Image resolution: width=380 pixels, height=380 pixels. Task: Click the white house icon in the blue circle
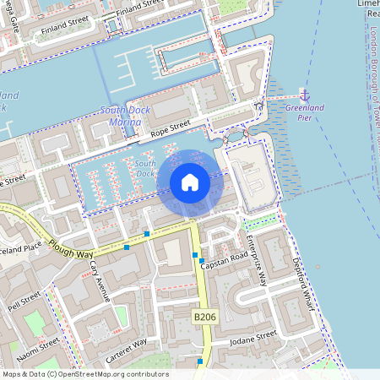click(x=190, y=182)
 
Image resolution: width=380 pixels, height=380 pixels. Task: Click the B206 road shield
click(x=205, y=317)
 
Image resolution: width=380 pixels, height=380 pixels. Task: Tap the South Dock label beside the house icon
click(x=145, y=168)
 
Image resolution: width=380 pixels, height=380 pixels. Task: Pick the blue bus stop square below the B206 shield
click(x=199, y=361)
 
